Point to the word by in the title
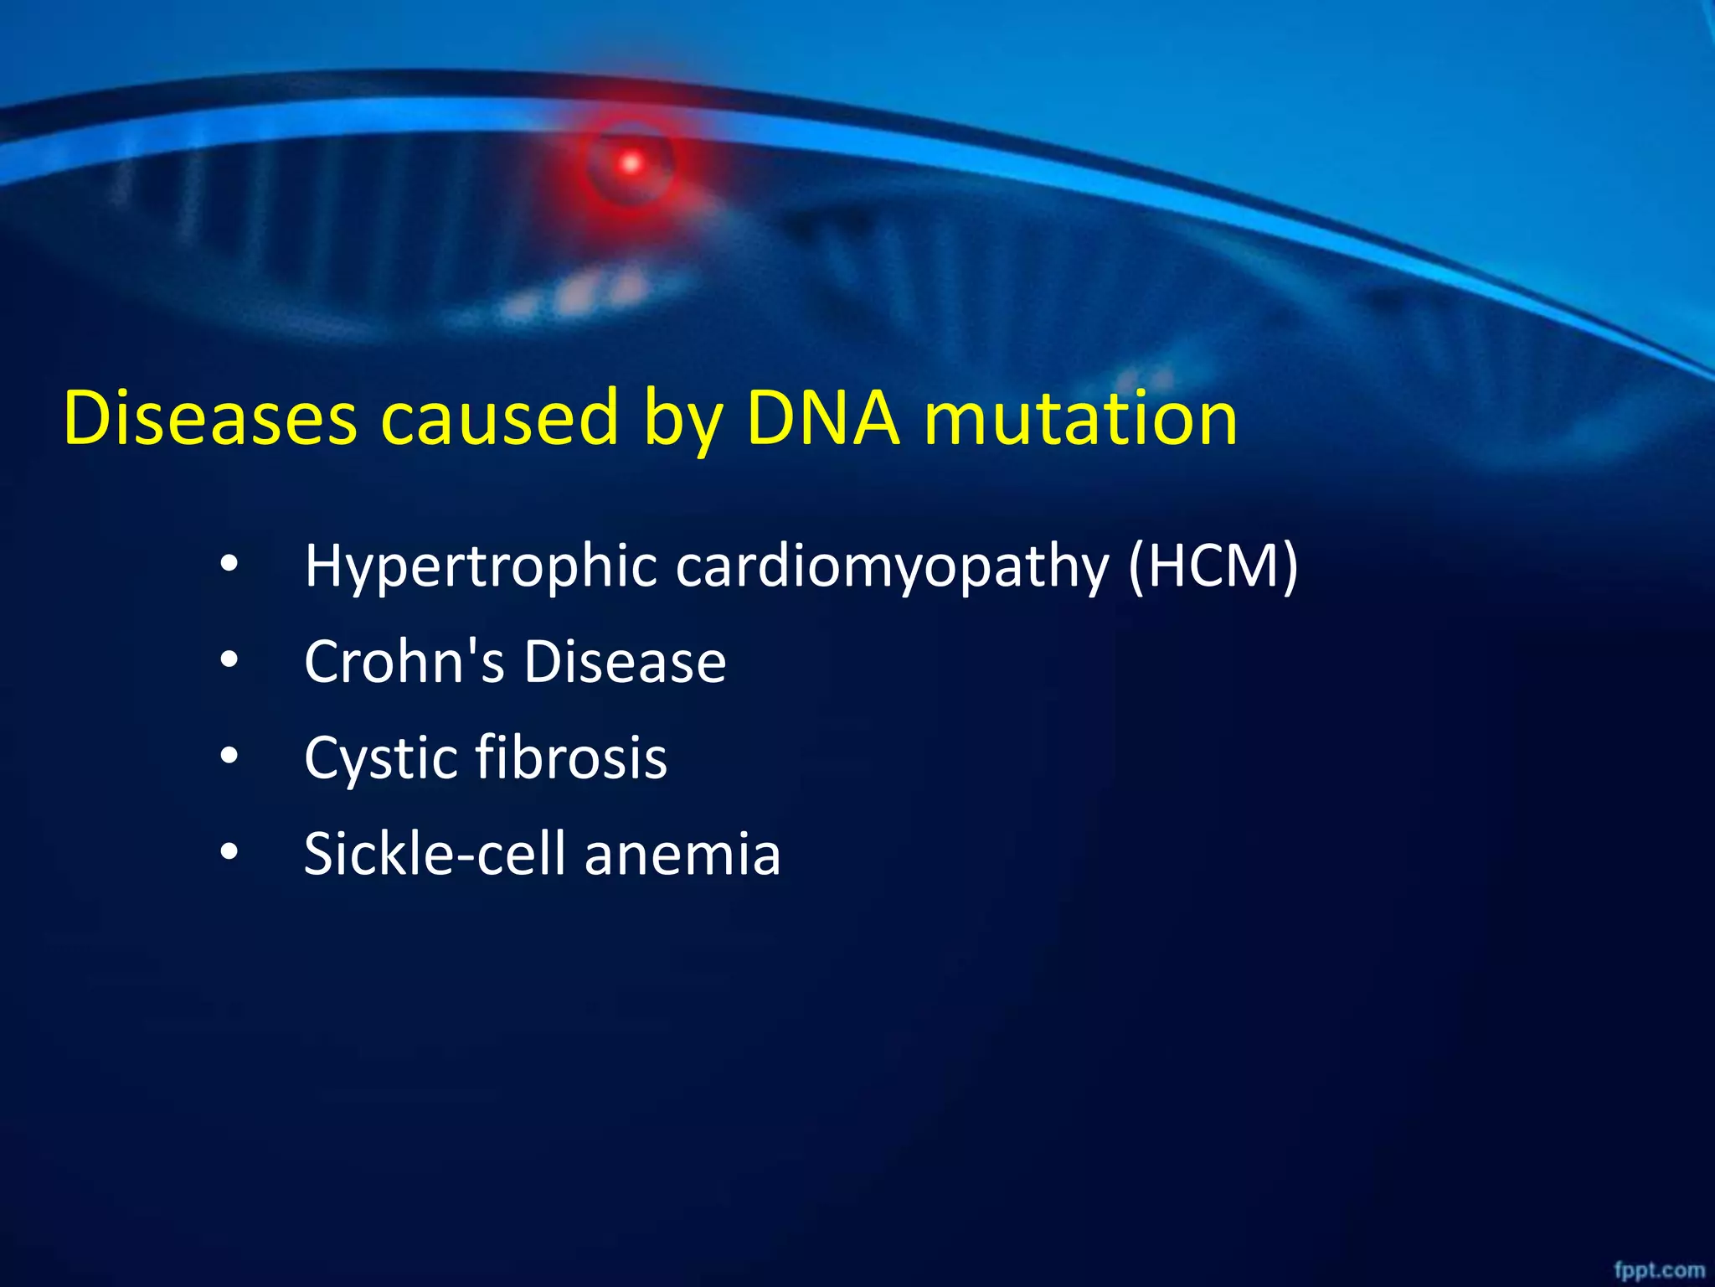click(682, 423)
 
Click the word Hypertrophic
click(481, 566)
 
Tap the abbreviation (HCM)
click(1213, 566)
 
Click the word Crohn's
click(404, 661)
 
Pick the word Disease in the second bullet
click(625, 661)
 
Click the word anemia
click(682, 855)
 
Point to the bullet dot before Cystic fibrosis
click(229, 757)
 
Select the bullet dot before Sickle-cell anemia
click(229, 853)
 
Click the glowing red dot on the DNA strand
click(631, 163)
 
